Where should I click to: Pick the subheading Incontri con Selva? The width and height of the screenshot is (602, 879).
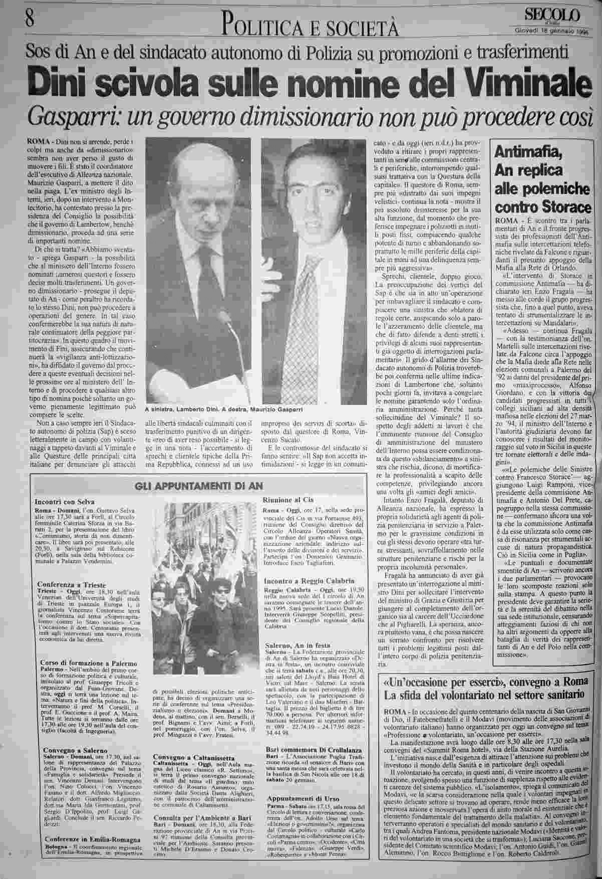pos(65,502)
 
